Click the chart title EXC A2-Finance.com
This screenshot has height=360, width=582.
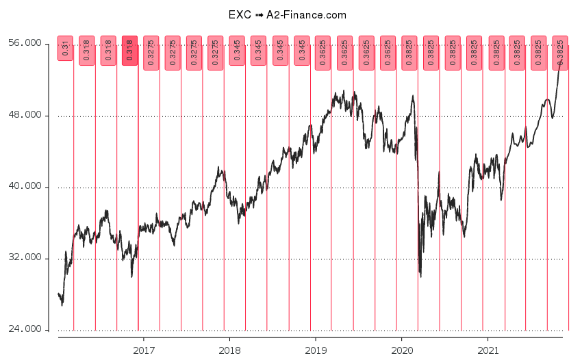(x=287, y=14)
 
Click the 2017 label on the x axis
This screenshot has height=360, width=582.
(x=143, y=350)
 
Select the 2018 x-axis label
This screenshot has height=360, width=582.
(x=229, y=350)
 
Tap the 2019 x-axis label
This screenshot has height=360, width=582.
(x=315, y=350)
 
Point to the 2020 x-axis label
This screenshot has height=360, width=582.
(x=401, y=350)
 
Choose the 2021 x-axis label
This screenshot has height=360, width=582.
(x=487, y=350)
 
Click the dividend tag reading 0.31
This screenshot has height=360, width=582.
(x=65, y=49)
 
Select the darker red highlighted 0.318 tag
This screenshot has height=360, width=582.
(x=129, y=51)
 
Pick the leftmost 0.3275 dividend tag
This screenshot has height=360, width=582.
(x=151, y=53)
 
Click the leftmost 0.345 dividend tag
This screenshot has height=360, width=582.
(x=237, y=51)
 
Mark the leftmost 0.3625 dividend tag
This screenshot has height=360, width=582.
(x=323, y=53)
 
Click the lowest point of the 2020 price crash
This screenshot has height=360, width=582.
(x=420, y=276)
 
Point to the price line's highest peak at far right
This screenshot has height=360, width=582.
(x=562, y=61)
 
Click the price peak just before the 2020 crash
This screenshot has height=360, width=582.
(x=413, y=96)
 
